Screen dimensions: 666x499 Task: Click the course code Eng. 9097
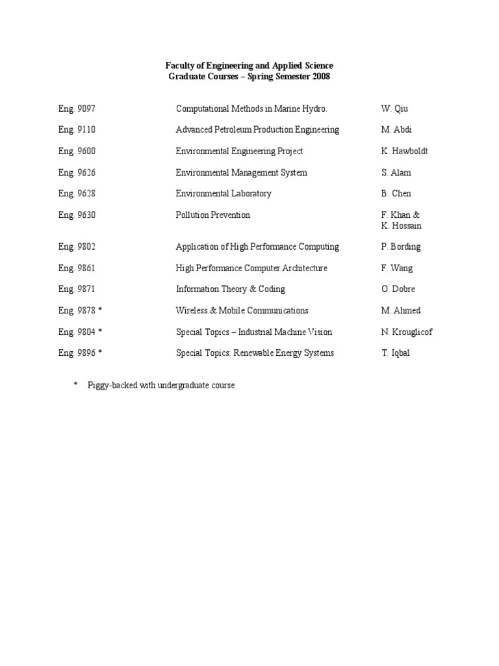pos(77,109)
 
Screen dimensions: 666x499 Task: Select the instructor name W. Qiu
pos(394,109)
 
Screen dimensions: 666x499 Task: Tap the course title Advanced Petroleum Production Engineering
pos(257,130)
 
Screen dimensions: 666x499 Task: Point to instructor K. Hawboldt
pos(404,152)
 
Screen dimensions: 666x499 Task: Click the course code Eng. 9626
pos(77,173)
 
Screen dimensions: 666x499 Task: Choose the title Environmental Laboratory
pos(224,194)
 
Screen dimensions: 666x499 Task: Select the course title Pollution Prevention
pos(212,215)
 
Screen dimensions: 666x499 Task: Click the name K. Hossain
pos(401,226)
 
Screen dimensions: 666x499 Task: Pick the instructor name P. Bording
pos(400,247)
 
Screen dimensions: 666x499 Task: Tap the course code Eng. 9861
pos(77,269)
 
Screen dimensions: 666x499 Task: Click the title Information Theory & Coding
pos(231,289)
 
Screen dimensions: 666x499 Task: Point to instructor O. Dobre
pos(398,289)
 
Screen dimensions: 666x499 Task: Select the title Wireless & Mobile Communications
pos(242,311)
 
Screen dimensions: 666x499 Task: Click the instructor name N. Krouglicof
pos(407,332)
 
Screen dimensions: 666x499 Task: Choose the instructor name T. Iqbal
pos(396,353)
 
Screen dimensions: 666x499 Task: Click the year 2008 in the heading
pos(320,77)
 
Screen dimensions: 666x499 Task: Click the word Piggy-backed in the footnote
pos(112,386)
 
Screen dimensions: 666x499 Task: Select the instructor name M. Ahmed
pos(400,311)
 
